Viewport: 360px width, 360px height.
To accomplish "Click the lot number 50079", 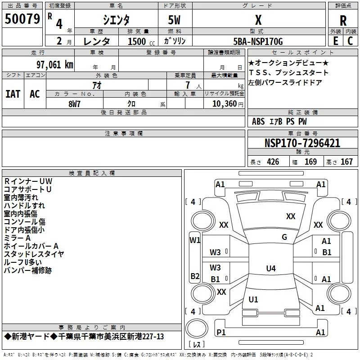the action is [22, 19].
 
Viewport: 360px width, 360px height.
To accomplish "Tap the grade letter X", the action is [258, 20].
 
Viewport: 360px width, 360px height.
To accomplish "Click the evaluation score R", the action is [343, 21].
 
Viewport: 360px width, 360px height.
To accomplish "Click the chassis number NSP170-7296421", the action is [302, 144].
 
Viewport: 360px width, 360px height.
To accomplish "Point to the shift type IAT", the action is [13, 94].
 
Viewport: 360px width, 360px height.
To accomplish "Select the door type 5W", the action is [175, 20].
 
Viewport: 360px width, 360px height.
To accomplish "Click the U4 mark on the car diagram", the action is [270, 269].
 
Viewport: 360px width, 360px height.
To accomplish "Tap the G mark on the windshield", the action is [284, 237].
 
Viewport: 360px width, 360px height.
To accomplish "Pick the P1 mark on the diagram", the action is [221, 332].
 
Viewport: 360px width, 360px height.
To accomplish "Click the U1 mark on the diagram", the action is [253, 299].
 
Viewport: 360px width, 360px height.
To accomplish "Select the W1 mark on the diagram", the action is [195, 240].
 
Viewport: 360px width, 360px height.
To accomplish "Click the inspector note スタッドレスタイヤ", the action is [34, 254].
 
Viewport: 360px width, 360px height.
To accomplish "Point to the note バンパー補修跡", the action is [27, 270].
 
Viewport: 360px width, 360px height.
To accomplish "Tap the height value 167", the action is [346, 162].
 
